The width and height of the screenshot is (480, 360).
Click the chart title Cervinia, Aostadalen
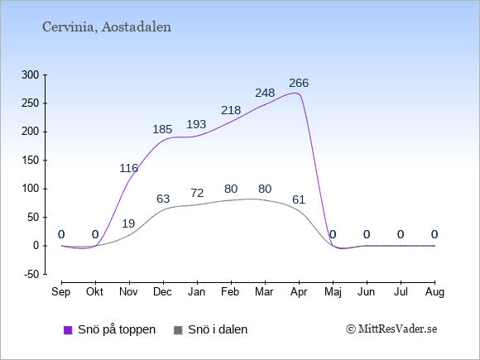point(107,27)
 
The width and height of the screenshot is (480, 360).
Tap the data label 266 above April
point(299,83)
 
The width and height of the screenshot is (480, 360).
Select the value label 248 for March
point(265,93)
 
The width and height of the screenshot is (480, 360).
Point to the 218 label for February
point(231,110)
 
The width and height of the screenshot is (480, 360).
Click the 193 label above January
point(196,124)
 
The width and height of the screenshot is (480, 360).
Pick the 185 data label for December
point(162,129)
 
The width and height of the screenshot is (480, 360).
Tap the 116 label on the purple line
point(128,168)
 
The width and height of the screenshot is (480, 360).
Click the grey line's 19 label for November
point(128,223)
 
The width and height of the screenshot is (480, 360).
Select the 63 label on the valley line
point(163,199)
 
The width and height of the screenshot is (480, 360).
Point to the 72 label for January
point(197,193)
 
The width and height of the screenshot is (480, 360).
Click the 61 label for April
point(299,199)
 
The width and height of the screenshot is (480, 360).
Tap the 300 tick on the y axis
point(31,75)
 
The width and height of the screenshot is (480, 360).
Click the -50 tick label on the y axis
point(31,274)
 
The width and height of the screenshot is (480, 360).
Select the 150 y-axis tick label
point(31,160)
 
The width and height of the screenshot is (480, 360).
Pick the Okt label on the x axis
point(95,292)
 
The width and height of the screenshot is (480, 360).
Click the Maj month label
point(333,292)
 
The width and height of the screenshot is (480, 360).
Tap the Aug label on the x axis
point(434,292)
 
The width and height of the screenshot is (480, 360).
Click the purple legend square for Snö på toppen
point(68,330)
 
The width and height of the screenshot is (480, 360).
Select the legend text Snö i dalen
point(218,329)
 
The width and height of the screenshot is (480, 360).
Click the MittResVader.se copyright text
point(391,329)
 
